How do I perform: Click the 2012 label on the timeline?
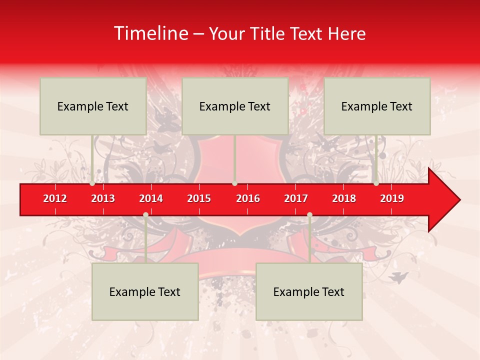pyautogui.click(x=55, y=198)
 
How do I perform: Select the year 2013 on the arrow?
pyautogui.click(x=103, y=198)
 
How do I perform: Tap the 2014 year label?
pyautogui.click(x=151, y=198)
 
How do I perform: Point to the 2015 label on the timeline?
pyautogui.click(x=199, y=198)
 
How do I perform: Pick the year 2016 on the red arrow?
pyautogui.click(x=248, y=198)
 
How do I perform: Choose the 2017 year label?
pyautogui.click(x=296, y=198)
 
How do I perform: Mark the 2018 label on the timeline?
pyautogui.click(x=344, y=198)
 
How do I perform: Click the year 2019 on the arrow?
pyautogui.click(x=392, y=198)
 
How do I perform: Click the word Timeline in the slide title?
pyautogui.click(x=150, y=33)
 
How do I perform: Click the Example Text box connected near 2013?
pyautogui.click(x=93, y=106)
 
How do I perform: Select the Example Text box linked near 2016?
pyautogui.click(x=235, y=106)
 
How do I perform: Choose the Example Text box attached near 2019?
pyautogui.click(x=377, y=106)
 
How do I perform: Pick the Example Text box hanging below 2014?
pyautogui.click(x=145, y=291)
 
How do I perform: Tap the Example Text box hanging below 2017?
pyautogui.click(x=309, y=291)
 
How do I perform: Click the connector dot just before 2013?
pyautogui.click(x=92, y=183)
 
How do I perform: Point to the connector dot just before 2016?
pyautogui.click(x=234, y=183)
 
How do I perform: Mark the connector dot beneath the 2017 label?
pyautogui.click(x=309, y=214)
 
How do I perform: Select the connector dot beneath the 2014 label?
pyautogui.click(x=145, y=214)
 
